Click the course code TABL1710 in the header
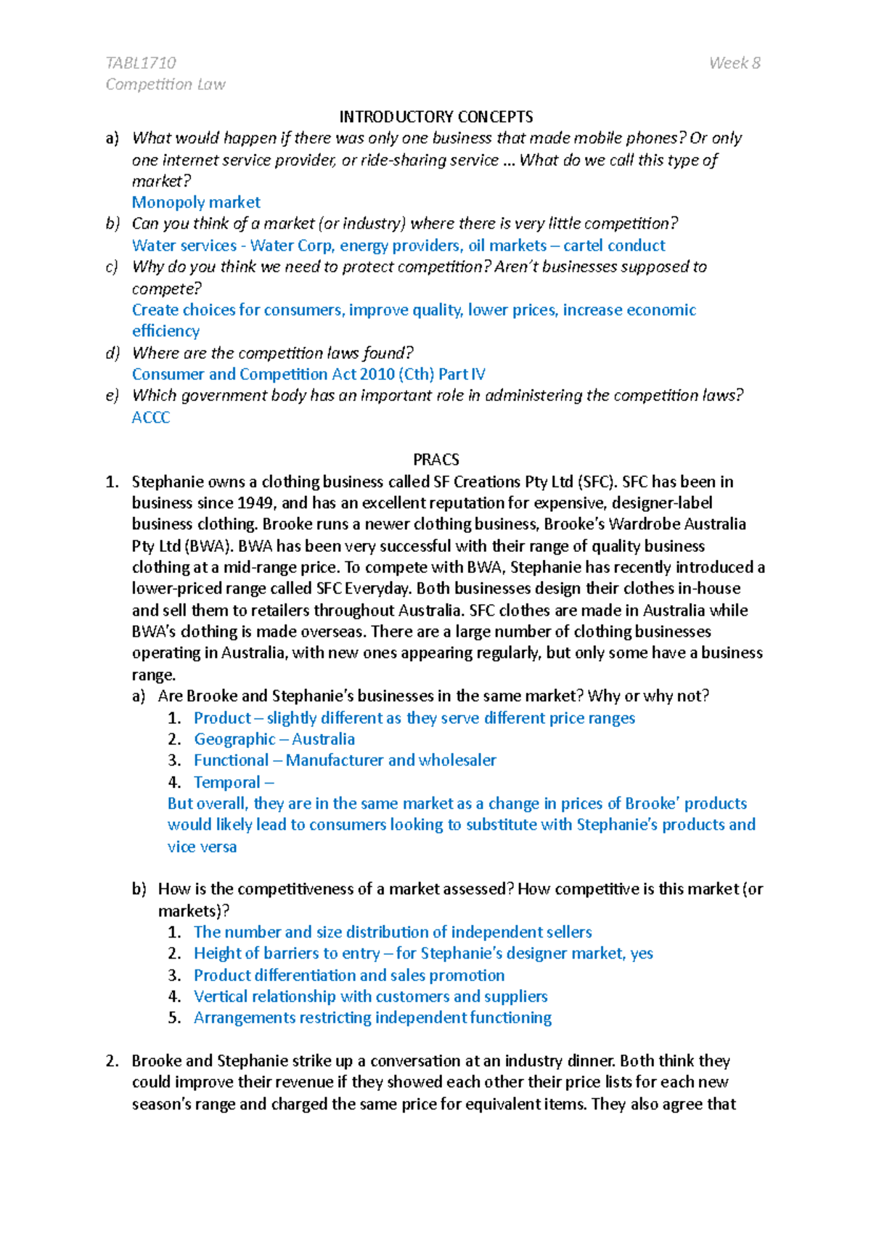pos(141,63)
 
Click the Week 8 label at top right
pos(735,63)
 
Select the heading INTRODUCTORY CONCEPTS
pos(435,117)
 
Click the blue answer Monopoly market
pos(196,203)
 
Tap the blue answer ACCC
pos(151,418)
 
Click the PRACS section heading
pos(435,460)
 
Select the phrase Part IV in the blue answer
pos(462,375)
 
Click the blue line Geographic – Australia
pos(274,739)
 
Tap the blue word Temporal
pos(226,783)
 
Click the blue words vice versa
pos(202,847)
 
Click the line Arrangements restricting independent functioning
pos(372,1018)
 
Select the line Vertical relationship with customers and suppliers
pos(370,997)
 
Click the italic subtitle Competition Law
pos(165,85)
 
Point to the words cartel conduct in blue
pos(614,245)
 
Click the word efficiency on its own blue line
pos(165,331)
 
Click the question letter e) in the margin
pos(112,396)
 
